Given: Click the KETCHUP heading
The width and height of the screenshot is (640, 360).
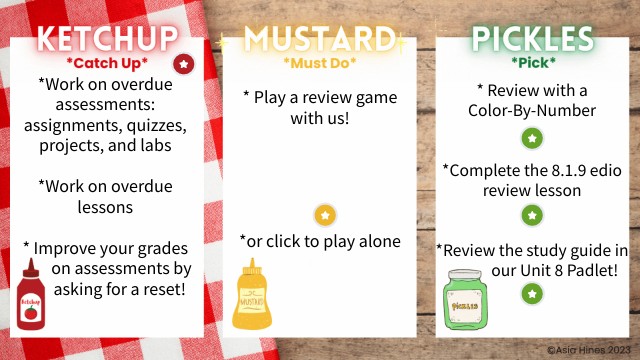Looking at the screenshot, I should pyautogui.click(x=107, y=40).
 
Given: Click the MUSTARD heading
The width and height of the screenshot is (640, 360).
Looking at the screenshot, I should pyautogui.click(x=320, y=40).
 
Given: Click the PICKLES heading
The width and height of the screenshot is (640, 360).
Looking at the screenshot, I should pyautogui.click(x=532, y=40).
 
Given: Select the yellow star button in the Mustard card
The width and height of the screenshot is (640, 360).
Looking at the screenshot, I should pyautogui.click(x=324, y=215).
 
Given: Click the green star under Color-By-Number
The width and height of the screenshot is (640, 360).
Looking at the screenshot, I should pyautogui.click(x=533, y=138).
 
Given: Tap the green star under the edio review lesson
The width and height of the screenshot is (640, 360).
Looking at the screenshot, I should pyautogui.click(x=533, y=215).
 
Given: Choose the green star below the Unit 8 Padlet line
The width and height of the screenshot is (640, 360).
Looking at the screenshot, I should pyautogui.click(x=533, y=293).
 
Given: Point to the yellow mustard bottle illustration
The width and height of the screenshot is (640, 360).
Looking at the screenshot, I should pyautogui.click(x=250, y=296).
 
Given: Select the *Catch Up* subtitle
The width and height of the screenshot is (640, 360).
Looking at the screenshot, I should pyautogui.click(x=107, y=63).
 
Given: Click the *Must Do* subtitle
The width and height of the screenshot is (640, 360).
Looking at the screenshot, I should pyautogui.click(x=320, y=64).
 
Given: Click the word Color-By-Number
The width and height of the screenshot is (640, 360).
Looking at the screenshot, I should pyautogui.click(x=533, y=110).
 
